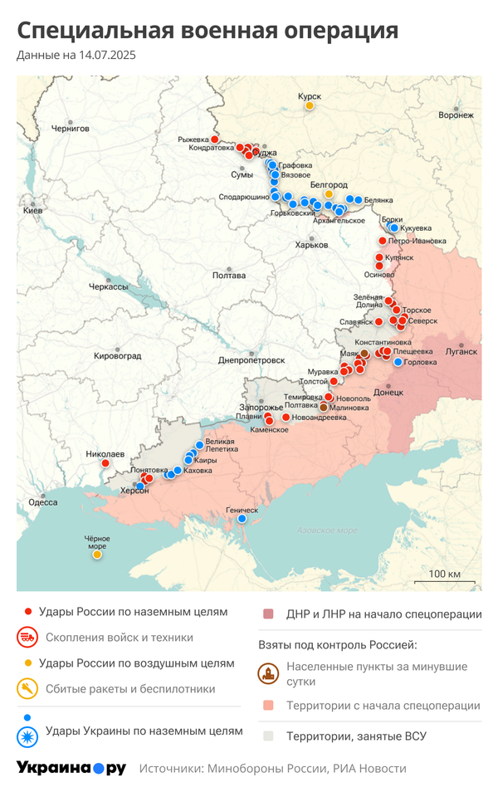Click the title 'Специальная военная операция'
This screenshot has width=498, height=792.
tap(207, 31)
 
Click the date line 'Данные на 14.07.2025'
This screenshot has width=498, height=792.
tap(76, 56)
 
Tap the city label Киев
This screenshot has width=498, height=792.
tap(32, 211)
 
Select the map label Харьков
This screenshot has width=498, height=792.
tap(311, 245)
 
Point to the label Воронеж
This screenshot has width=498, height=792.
tap(456, 115)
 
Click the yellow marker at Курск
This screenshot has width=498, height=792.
tap(310, 105)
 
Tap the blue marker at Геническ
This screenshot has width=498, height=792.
tap(242, 519)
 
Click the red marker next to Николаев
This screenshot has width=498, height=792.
tap(105, 463)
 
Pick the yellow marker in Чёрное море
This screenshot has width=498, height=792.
tap(97, 554)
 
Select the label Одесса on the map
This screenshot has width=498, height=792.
tap(43, 502)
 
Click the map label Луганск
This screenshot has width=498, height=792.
tap(461, 351)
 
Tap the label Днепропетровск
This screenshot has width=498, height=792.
tap(251, 360)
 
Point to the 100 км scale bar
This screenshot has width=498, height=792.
tap(444, 581)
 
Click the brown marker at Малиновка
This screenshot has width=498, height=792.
tap(324, 408)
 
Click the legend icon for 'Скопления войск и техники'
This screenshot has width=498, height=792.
tap(27, 638)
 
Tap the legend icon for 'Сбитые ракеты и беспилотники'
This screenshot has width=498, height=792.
tap(27, 688)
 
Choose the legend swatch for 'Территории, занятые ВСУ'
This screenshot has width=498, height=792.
tap(267, 736)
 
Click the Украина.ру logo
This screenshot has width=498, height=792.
tap(71, 769)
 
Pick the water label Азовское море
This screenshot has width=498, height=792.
tap(327, 530)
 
